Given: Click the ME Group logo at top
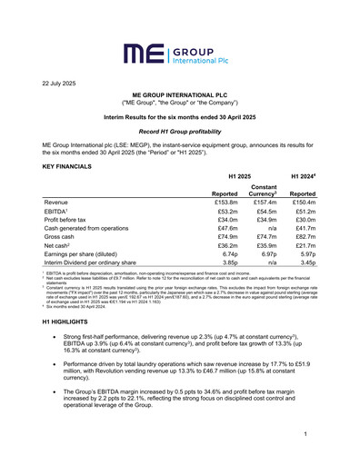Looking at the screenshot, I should pyautogui.click(x=179, y=54).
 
